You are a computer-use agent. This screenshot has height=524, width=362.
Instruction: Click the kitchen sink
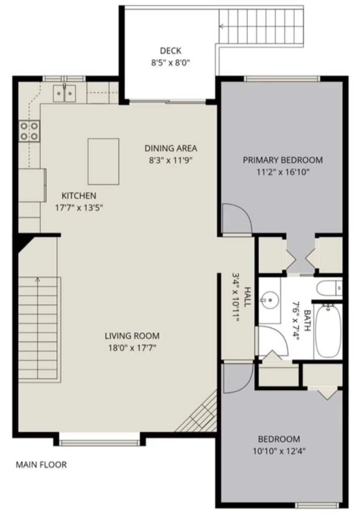tap(64, 93)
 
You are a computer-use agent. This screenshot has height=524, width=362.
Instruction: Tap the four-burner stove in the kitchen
tap(29, 131)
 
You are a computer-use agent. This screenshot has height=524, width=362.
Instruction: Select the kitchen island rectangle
tap(103, 162)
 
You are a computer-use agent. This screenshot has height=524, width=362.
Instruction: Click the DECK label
tap(170, 51)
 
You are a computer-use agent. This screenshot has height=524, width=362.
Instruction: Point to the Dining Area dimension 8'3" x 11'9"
tap(170, 161)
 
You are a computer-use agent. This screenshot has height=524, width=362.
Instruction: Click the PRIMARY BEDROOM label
tap(283, 160)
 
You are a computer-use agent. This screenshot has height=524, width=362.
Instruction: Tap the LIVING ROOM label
tap(132, 336)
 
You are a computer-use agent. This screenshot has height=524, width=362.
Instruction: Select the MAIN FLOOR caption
tap(41, 465)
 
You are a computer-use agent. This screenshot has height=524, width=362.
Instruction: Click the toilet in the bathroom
tap(329, 288)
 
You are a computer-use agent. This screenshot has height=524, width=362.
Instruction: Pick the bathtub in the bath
tap(328, 331)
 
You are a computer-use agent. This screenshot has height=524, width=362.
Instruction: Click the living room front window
tap(100, 443)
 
